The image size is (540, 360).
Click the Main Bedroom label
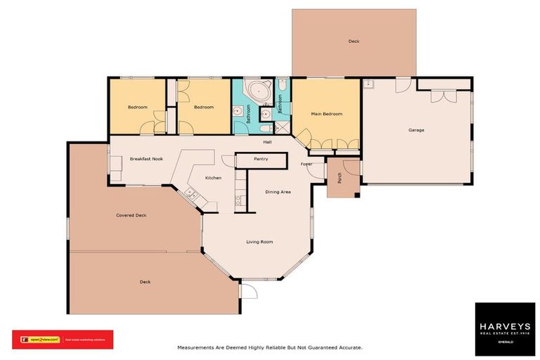(326, 114)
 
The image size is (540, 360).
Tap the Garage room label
(416, 130)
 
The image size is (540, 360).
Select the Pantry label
(260, 159)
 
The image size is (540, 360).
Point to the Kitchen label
(213, 178)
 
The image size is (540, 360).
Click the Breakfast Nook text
(146, 160)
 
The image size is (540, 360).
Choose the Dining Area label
(278, 191)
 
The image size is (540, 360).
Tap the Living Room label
(259, 242)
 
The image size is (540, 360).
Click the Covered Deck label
(131, 215)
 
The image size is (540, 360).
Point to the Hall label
(267, 142)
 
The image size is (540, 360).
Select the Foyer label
(306, 164)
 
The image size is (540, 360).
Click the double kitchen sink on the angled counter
(190, 191)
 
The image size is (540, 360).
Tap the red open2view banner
(63, 340)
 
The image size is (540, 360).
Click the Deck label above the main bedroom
(354, 41)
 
